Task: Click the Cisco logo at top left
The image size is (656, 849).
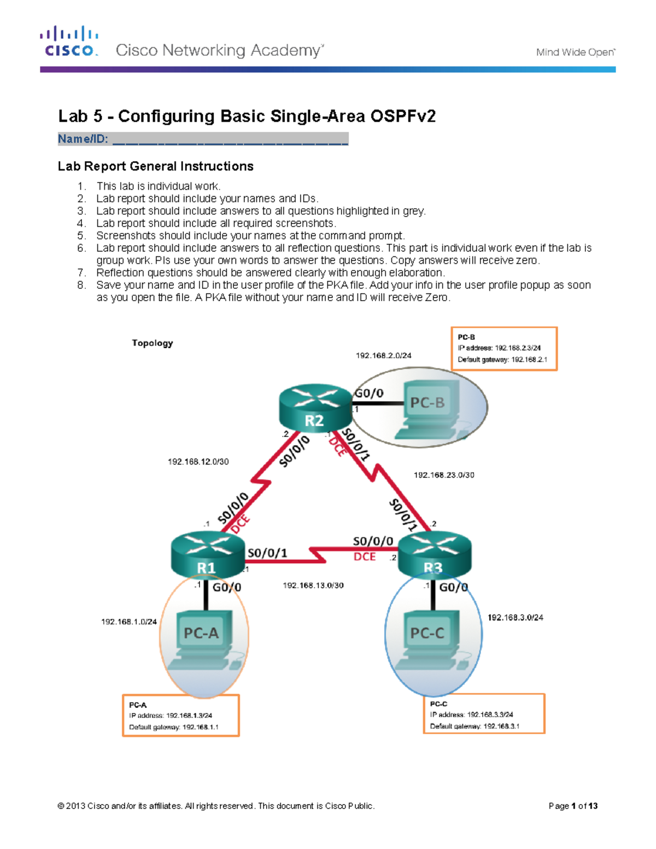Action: [69, 42]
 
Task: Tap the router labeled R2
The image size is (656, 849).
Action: [315, 408]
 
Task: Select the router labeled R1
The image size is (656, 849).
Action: [207, 555]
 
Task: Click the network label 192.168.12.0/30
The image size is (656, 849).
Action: [198, 462]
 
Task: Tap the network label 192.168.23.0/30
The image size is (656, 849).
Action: [444, 475]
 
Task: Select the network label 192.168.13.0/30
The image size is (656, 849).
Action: [313, 585]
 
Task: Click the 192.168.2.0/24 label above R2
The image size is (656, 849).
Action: [383, 355]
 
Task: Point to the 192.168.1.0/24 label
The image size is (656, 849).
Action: [129, 622]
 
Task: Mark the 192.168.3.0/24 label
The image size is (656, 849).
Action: [515, 617]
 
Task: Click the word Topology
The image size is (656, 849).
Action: [152, 343]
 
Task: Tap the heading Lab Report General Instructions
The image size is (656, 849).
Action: [156, 166]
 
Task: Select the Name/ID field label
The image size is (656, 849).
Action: [83, 139]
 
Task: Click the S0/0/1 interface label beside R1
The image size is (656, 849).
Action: [267, 553]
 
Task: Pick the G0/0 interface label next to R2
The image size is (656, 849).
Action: [370, 393]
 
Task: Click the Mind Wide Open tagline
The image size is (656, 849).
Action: [575, 52]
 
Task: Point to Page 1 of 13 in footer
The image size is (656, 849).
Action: [573, 806]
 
